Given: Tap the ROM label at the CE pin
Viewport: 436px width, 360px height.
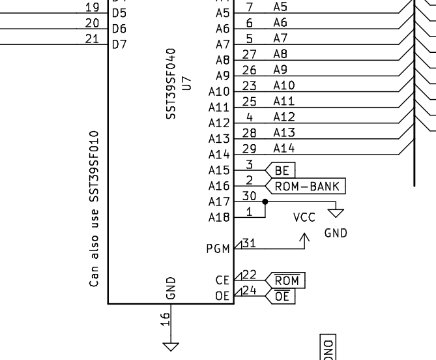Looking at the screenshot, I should pos(287,280).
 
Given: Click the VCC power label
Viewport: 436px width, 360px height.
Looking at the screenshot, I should pos(304,218).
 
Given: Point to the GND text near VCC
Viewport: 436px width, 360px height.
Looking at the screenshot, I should pos(336,233).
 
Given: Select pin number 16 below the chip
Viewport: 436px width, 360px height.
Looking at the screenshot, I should pos(166,318).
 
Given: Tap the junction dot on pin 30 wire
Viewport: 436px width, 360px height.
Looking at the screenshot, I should pos(265,202).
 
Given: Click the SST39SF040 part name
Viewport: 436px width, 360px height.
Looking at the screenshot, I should pos(171,82).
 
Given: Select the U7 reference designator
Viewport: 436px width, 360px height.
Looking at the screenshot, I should pos(186,82).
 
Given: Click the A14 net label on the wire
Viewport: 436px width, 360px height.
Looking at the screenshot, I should pos(284,148).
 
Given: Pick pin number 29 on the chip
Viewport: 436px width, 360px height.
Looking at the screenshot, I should pos(248,148).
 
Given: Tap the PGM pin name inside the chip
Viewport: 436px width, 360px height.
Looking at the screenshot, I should pos(218,248).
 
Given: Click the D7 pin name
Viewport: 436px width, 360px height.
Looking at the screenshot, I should pos(119,44).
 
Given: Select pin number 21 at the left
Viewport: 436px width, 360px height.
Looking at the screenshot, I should pos(92,38).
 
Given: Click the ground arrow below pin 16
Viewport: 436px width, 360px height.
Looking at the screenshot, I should pos(170,346).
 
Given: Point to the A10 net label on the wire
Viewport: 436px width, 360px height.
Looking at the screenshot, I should pos(284,85).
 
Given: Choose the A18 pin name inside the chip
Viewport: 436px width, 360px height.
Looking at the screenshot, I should pos(219,217).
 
